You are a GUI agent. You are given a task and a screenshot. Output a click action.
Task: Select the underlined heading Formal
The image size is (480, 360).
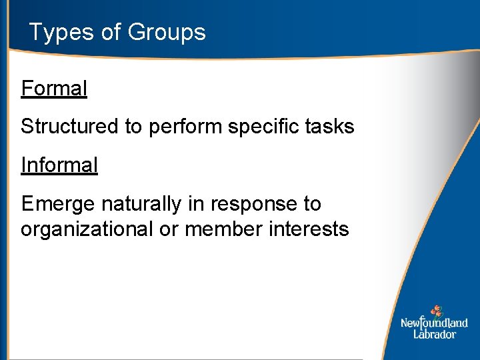tap(54, 89)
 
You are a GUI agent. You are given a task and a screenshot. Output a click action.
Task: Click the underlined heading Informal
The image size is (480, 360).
tap(59, 165)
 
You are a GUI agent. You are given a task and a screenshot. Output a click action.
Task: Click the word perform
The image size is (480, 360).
tap(185, 127)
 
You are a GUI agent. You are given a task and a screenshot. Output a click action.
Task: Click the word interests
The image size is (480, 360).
tap(309, 229)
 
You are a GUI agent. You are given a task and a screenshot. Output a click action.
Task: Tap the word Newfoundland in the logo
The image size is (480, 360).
tap(434, 323)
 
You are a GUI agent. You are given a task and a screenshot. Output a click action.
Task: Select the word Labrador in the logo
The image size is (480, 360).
tap(434, 334)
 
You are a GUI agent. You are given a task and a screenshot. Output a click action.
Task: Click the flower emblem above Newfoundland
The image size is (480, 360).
tap(436, 311)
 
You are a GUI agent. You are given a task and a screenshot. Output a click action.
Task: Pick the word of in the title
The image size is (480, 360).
tap(111, 33)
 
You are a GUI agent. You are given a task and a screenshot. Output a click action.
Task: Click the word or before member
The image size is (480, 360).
tap(169, 229)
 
